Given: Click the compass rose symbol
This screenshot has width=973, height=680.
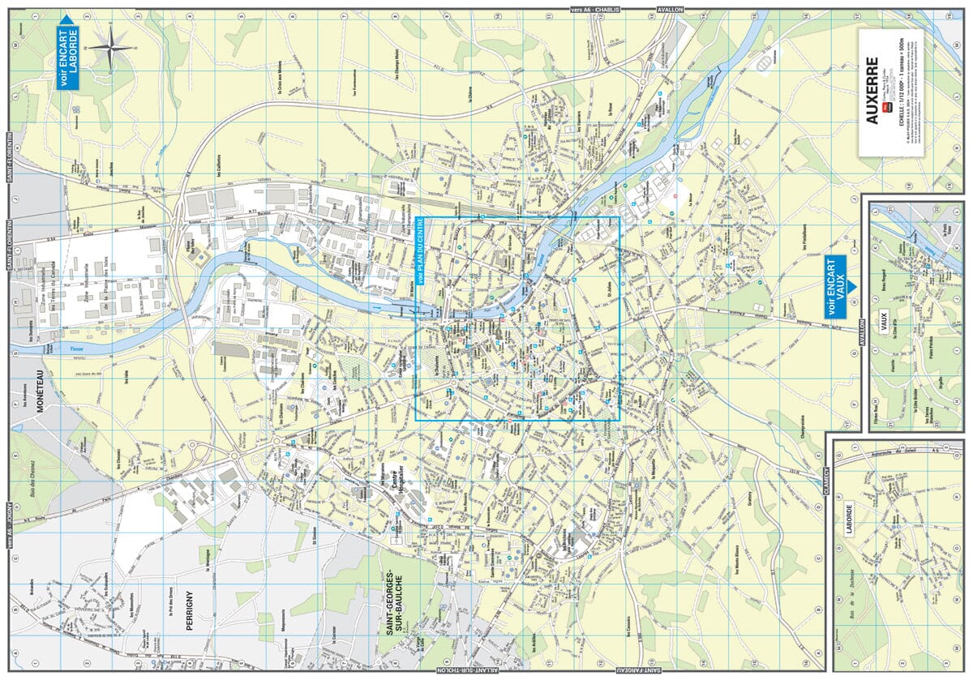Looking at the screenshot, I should pyautogui.click(x=111, y=49).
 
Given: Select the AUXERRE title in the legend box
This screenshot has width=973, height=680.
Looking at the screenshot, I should pyautogui.click(x=872, y=90).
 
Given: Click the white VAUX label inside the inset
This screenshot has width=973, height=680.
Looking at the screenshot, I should pyautogui.click(x=884, y=317).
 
